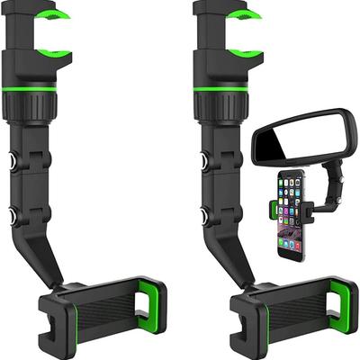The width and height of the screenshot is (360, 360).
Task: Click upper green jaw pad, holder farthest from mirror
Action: pos(58,16)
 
